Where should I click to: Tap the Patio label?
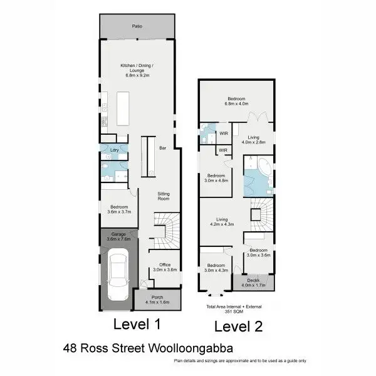coord(136,26)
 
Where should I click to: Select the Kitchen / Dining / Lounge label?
coord(136,69)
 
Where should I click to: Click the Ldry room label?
coord(114,150)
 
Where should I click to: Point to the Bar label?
coord(162,149)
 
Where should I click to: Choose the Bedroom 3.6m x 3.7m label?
coord(119,210)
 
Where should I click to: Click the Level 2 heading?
coord(238,326)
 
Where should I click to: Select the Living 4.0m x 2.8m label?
coord(254,139)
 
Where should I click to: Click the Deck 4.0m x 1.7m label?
coord(253,283)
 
